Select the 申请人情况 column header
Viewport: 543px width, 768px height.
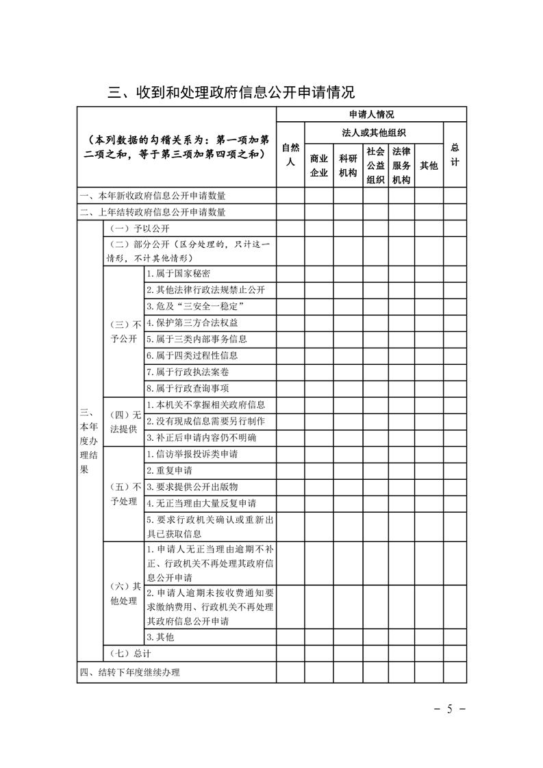(x=371, y=114)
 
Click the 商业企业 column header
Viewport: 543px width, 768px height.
(x=319, y=166)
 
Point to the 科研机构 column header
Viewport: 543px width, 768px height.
(x=348, y=166)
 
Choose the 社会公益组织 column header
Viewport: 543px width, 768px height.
(x=375, y=165)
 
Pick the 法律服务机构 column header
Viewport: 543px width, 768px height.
(x=401, y=165)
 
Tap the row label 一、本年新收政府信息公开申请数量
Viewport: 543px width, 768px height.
(x=153, y=196)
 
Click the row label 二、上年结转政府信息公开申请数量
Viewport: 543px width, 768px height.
(x=153, y=212)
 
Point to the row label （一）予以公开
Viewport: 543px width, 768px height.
(x=140, y=229)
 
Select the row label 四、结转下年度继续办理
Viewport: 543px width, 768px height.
(x=130, y=672)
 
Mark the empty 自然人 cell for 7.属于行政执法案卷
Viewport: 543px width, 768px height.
(x=290, y=372)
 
